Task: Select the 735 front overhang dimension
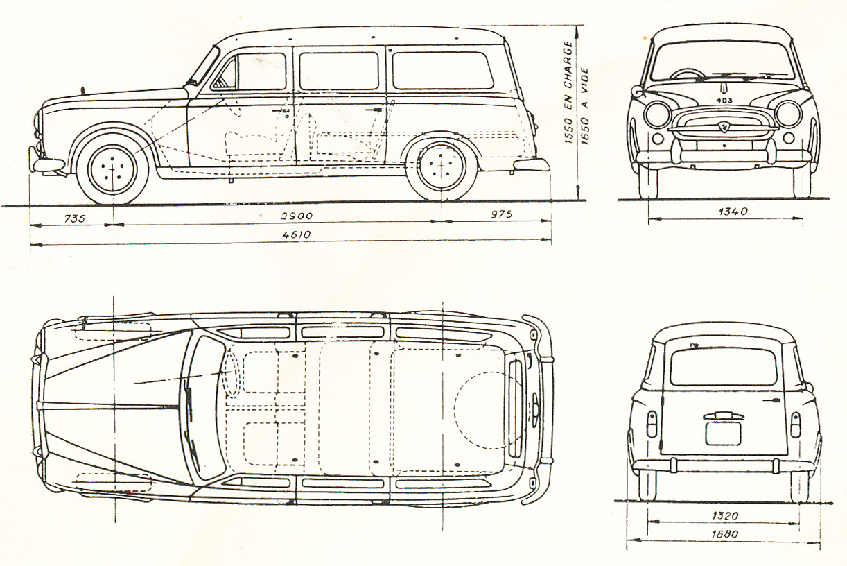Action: coord(74,218)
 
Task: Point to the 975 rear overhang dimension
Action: coord(500,215)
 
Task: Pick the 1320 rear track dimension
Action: coord(724,515)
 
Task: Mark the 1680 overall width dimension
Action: coord(724,534)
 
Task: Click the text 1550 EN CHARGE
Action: coord(568,93)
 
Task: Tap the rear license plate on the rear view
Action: coord(723,434)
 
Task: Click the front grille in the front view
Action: coord(723,127)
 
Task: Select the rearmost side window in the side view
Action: coord(442,70)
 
